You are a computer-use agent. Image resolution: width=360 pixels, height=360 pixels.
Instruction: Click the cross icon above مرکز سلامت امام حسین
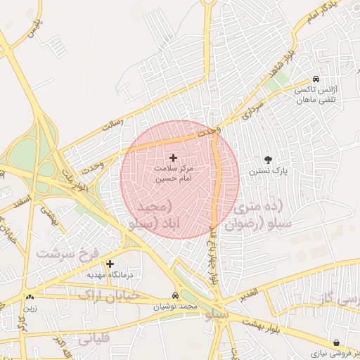(x=174, y=157)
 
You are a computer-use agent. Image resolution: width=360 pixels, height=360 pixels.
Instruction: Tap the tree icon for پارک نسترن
(x=267, y=160)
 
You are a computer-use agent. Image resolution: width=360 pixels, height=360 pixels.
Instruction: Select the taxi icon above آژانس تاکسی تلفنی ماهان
(x=316, y=79)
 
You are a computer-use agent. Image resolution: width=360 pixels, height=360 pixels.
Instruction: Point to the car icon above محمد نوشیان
(x=175, y=296)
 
